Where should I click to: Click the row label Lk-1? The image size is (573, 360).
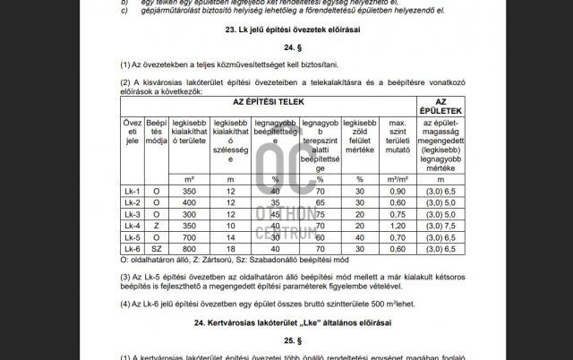tap(132, 192)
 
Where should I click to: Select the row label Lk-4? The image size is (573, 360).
tap(132, 226)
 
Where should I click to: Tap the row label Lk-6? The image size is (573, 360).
tap(132, 248)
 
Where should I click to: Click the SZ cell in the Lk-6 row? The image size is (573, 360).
tap(157, 248)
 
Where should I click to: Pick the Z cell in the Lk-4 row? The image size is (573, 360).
tap(157, 226)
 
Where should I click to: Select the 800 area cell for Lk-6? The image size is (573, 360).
tap(189, 248)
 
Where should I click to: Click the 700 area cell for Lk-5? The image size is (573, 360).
tap(189, 237)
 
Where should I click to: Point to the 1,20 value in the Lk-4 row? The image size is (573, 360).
tap(398, 226)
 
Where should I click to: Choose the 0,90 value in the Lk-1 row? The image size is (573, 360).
tap(398, 192)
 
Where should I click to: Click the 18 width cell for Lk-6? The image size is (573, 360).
tap(230, 248)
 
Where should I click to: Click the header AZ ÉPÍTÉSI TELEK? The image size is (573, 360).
tap(270, 103)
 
